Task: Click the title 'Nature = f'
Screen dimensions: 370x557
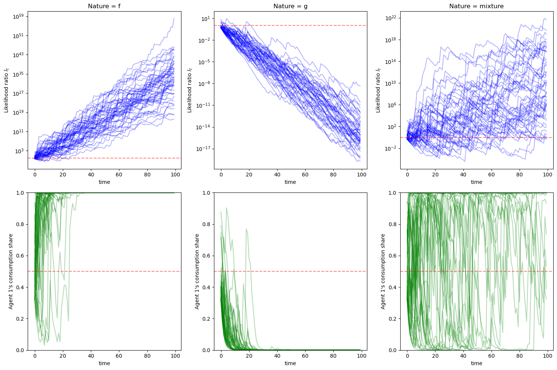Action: pyautogui.click(x=104, y=6)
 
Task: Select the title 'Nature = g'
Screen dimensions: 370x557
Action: pyautogui.click(x=290, y=6)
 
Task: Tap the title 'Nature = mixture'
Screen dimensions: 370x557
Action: pyautogui.click(x=476, y=6)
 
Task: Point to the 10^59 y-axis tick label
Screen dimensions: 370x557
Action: pyautogui.click(x=19, y=16)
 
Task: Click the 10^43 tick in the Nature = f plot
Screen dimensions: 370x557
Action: pyautogui.click(x=19, y=55)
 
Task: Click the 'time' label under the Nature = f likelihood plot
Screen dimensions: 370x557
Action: pyautogui.click(x=104, y=182)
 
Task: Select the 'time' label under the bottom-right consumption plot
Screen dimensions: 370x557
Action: pyautogui.click(x=476, y=363)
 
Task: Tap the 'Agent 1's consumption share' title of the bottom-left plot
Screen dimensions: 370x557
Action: pyautogui.click(x=11, y=271)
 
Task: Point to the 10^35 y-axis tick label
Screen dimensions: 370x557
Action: pyautogui.click(x=19, y=74)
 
